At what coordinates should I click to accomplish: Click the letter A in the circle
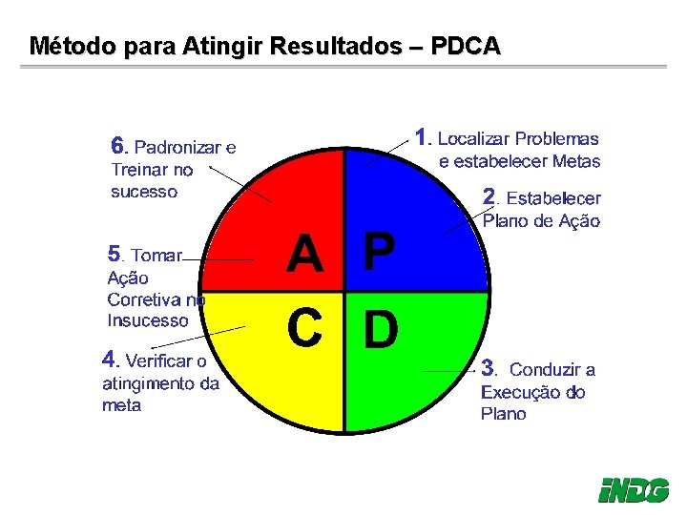pyautogui.click(x=305, y=255)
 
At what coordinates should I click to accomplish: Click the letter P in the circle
pyautogui.click(x=379, y=255)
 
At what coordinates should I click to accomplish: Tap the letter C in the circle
pyautogui.click(x=305, y=329)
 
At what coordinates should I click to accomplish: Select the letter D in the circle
pyautogui.click(x=381, y=329)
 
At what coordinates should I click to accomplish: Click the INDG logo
pyautogui.click(x=634, y=490)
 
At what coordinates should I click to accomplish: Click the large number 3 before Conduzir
pyautogui.click(x=488, y=367)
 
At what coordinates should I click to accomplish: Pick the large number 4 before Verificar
pyautogui.click(x=109, y=360)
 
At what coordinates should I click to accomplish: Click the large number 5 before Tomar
pyautogui.click(x=114, y=254)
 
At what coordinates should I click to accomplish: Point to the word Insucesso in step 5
pyautogui.click(x=148, y=320)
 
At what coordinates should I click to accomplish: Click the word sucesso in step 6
pyautogui.click(x=144, y=192)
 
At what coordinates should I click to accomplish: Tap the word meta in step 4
pyautogui.click(x=121, y=405)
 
